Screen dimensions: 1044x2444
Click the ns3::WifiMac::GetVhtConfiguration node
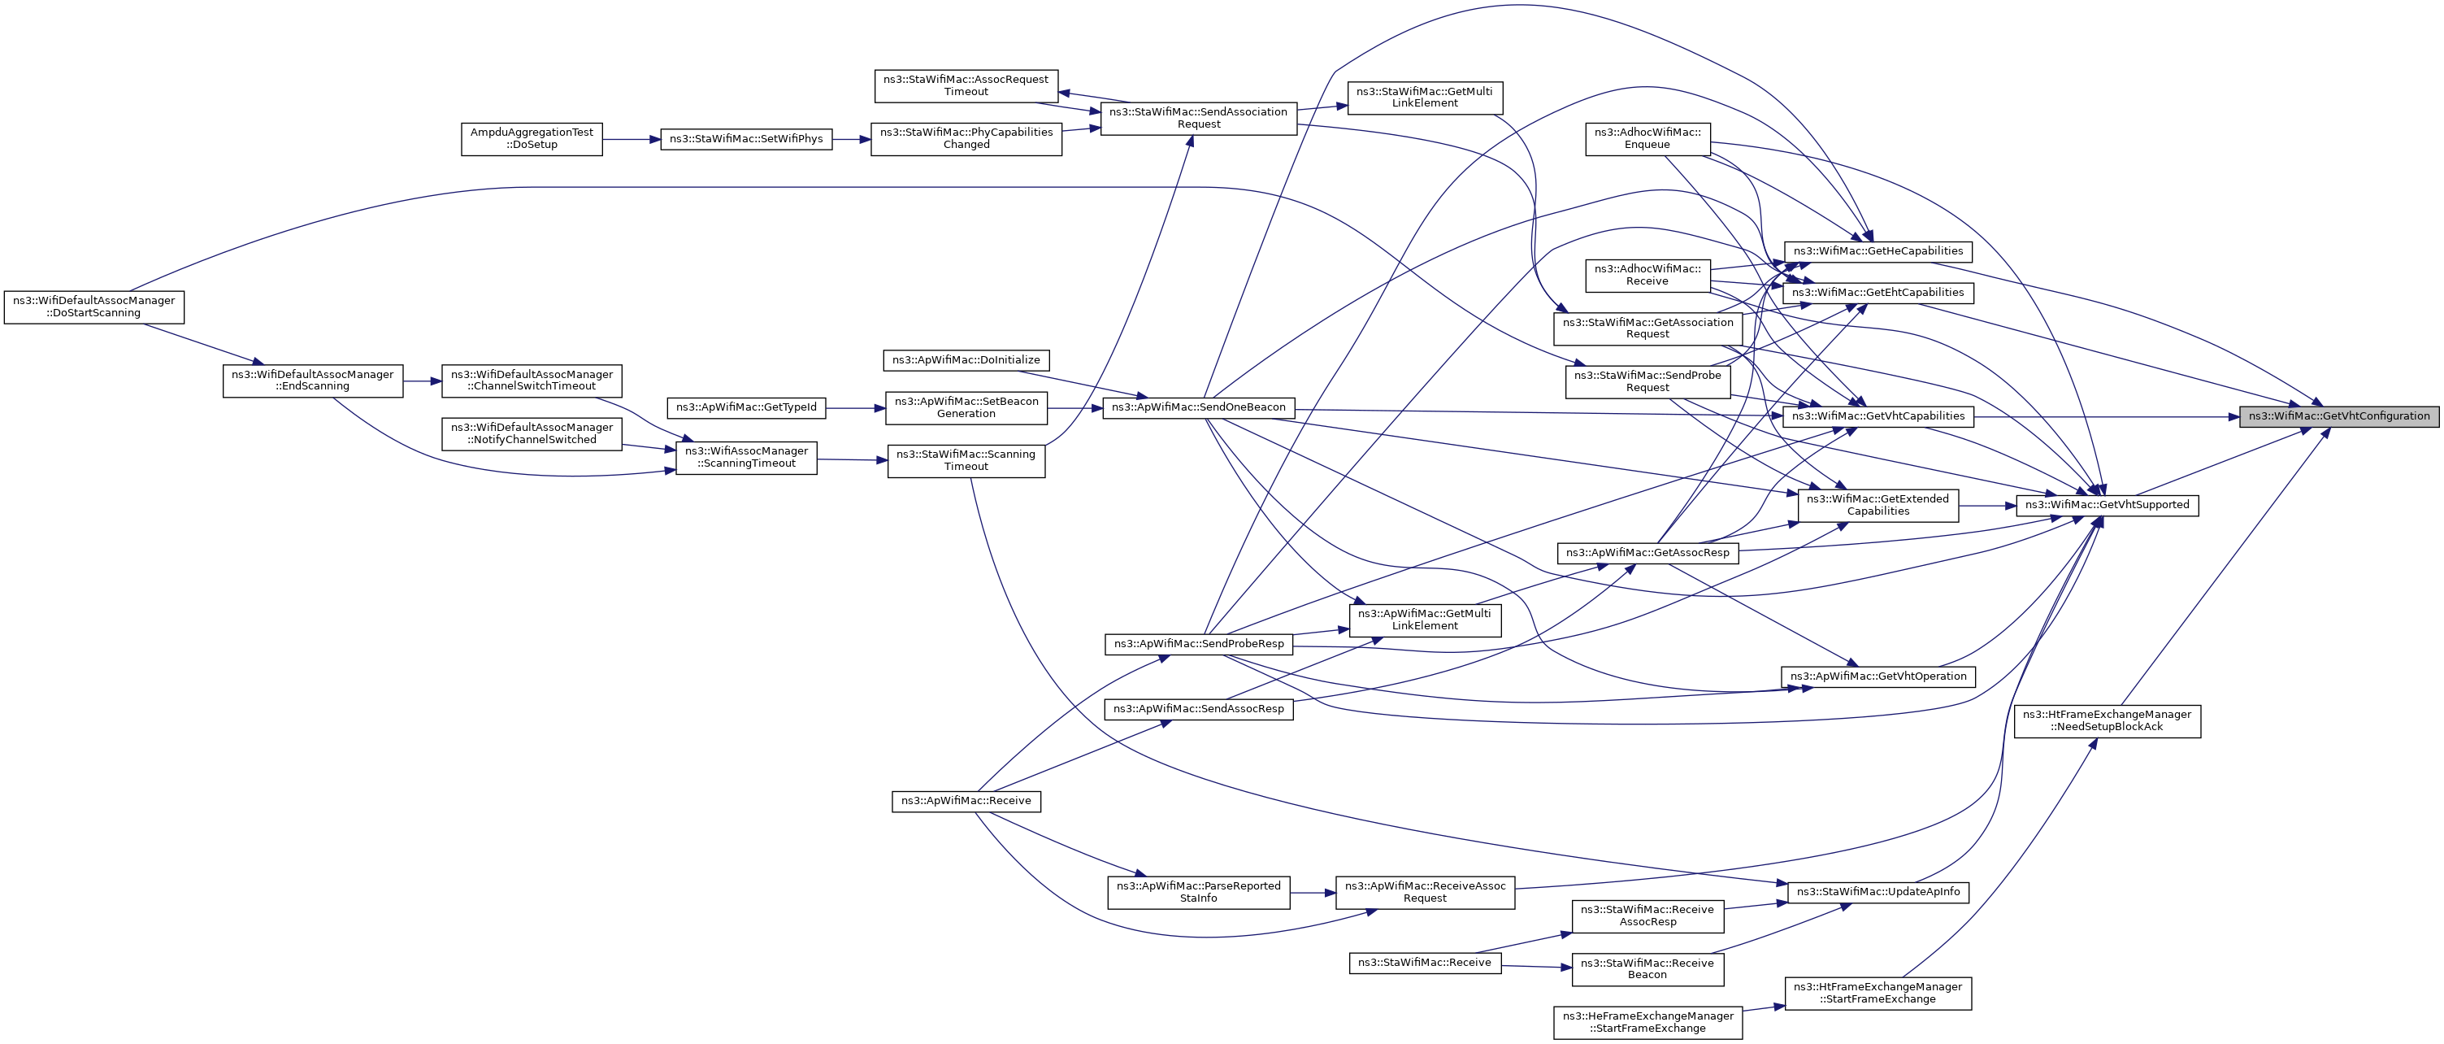(2338, 416)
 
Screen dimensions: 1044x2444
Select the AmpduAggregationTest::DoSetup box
(532, 138)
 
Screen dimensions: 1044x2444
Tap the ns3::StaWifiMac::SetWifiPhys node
(746, 138)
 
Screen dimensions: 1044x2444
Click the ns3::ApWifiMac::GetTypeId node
(746, 407)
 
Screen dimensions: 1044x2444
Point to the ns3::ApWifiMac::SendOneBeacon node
(1198, 407)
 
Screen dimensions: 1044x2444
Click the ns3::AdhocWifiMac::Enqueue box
(1647, 138)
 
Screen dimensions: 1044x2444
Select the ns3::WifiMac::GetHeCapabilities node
(1877, 251)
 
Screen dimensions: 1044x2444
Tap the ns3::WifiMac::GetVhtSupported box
(2106, 505)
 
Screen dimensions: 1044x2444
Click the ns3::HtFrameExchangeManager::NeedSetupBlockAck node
(2106, 720)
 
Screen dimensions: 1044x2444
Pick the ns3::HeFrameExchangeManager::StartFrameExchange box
(1647, 1022)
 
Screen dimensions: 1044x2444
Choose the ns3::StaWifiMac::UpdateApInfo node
(1877, 892)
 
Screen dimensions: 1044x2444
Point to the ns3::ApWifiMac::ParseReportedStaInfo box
(1198, 892)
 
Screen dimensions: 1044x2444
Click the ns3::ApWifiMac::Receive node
(966, 801)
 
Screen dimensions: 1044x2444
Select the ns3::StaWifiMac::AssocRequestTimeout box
(966, 85)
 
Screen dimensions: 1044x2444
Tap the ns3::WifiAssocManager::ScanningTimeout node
(746, 458)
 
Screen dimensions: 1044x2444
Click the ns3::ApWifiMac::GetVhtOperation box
(1877, 676)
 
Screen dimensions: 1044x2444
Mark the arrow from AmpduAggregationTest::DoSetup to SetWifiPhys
(631, 138)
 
